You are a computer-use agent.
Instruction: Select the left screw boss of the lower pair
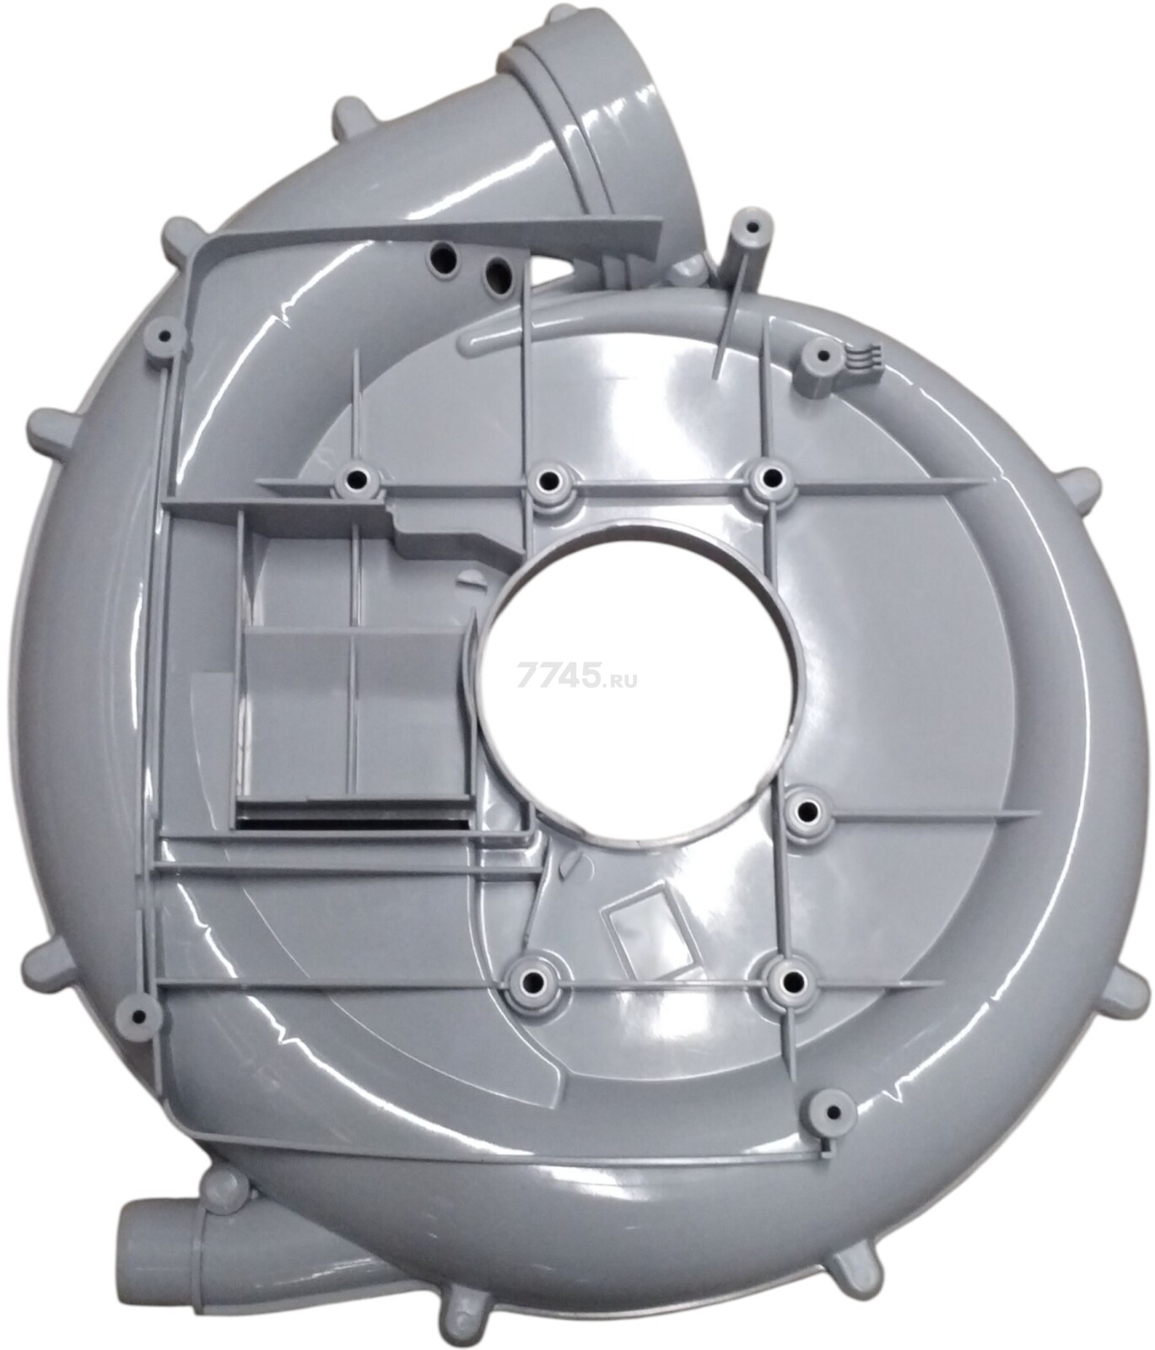[533, 982]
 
